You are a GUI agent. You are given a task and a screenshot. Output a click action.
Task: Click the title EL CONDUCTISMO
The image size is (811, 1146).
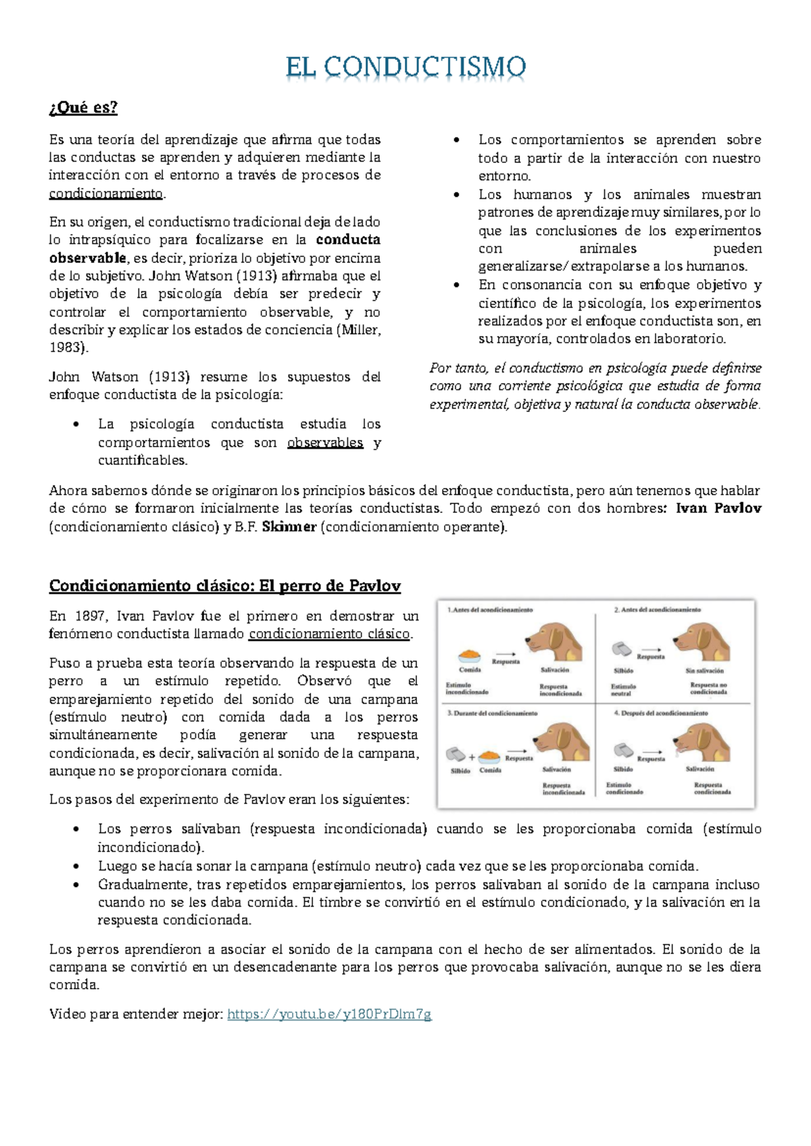[405, 68]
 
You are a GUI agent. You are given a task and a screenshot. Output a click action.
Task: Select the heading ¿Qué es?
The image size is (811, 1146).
[83, 107]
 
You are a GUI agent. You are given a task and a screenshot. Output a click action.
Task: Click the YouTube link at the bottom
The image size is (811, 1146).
[329, 1014]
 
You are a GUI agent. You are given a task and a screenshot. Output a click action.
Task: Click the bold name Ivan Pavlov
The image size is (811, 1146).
[718, 509]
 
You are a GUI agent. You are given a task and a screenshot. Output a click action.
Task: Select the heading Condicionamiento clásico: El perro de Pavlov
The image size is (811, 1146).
[224, 586]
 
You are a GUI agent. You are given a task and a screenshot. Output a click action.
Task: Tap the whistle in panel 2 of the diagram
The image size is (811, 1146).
[622, 649]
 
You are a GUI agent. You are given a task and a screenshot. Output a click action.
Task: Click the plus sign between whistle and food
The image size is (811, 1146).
[472, 757]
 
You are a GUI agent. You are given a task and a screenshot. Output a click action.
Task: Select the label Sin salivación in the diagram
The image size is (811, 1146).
[704, 671]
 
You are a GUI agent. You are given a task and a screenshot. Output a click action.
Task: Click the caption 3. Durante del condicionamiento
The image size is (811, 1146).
[492, 714]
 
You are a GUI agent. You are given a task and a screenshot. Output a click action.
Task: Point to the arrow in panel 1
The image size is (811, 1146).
[505, 653]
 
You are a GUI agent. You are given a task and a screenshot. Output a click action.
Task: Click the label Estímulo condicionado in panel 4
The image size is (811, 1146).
[624, 788]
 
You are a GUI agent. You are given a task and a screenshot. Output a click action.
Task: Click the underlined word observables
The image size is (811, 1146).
[325, 443]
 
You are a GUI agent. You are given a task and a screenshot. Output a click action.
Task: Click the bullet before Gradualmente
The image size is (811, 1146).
[78, 885]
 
